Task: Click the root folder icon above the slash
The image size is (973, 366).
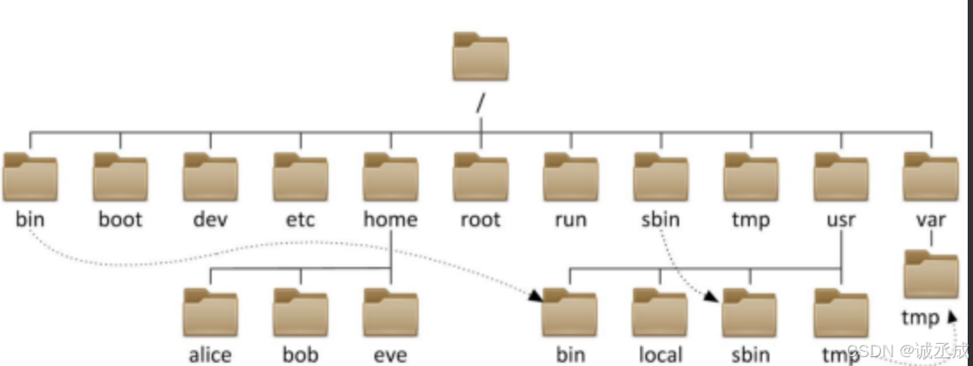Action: (481, 58)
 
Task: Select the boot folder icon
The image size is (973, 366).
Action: (120, 177)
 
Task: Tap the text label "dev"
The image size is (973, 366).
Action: (210, 218)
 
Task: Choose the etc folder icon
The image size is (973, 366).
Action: (300, 177)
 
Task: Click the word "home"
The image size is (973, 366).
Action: (390, 218)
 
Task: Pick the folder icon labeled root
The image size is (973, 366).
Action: (481, 177)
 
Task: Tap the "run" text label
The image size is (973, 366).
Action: (570, 218)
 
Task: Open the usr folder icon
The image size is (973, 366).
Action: (840, 177)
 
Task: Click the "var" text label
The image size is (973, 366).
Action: (931, 218)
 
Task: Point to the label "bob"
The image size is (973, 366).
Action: (300, 355)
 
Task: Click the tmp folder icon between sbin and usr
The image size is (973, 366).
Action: (751, 177)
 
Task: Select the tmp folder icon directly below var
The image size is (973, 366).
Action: (931, 275)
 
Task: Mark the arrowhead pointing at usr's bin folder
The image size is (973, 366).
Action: (537, 299)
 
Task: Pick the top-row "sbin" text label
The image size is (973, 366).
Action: (660, 218)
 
